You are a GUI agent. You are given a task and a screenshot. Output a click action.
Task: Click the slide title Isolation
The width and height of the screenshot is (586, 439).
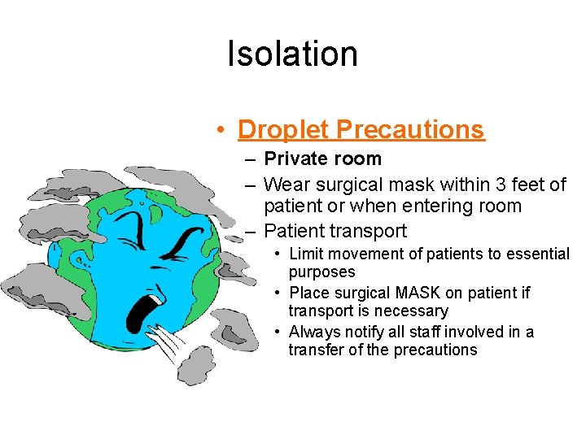[292, 54]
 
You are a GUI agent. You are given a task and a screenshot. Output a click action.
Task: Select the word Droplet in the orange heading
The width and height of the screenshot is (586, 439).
[283, 129]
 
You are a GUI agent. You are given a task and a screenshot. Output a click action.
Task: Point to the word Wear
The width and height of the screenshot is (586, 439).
[285, 185]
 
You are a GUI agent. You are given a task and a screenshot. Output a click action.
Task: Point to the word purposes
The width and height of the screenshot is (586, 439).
[321, 272]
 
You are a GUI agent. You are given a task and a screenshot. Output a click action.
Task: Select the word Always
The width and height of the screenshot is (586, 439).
[313, 332]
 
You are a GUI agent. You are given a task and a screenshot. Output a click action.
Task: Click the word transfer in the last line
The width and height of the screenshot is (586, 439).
[315, 350]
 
